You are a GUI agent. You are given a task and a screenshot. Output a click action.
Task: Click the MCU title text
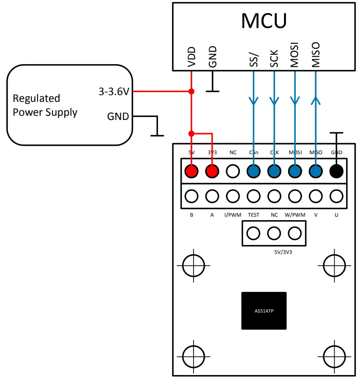[264, 21]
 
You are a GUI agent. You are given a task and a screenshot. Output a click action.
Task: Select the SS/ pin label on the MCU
[253, 59]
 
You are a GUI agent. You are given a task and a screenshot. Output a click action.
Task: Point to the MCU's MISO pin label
[316, 54]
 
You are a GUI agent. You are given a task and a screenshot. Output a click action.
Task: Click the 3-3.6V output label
[114, 91]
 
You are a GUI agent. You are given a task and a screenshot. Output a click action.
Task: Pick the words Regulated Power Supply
[45, 105]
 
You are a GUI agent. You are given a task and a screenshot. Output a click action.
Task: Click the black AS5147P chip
[264, 310]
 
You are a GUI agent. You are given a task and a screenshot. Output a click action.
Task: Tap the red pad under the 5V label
[192, 171]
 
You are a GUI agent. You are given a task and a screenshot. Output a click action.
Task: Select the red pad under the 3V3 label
[212, 171]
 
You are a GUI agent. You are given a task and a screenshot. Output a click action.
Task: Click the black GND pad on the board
[336, 171]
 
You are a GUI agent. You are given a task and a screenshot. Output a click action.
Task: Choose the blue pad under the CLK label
[274, 171]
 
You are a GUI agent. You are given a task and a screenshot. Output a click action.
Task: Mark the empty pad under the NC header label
[233, 171]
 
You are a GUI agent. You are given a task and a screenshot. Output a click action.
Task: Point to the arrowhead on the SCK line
[274, 101]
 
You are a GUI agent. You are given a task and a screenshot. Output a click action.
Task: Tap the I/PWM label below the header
[233, 215]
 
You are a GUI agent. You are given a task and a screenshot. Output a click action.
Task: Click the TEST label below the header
[254, 215]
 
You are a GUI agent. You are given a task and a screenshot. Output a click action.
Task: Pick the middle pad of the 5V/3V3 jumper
[274, 233]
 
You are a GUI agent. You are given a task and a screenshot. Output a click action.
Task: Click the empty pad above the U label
[336, 196]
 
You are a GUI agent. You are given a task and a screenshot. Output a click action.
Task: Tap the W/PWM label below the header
[295, 215]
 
